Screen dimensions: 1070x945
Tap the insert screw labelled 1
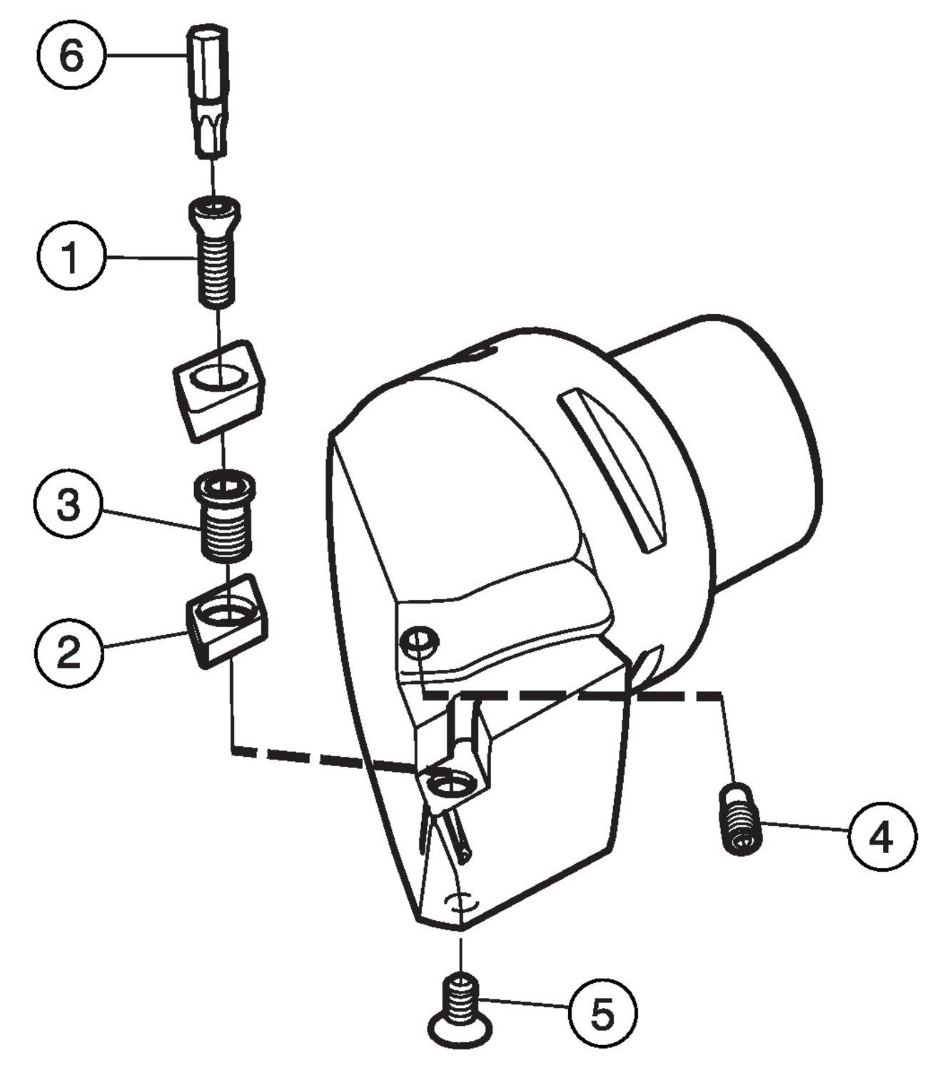point(215,253)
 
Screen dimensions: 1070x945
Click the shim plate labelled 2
point(227,618)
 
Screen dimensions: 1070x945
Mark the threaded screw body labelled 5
point(460,994)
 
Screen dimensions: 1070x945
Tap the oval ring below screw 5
point(461,1030)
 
